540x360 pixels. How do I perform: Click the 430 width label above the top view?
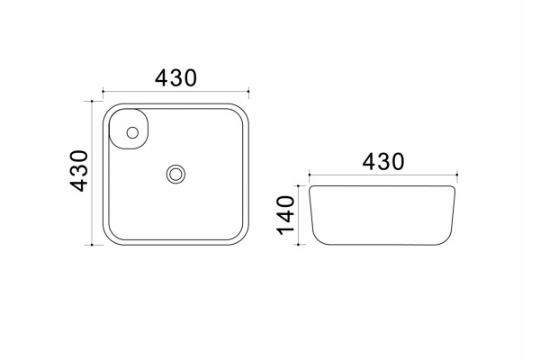(x=175, y=78)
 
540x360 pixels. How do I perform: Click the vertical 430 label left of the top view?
(x=79, y=170)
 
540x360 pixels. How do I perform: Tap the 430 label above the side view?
(x=383, y=162)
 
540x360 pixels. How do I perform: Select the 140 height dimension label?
(x=286, y=215)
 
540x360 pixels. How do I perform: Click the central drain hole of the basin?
(x=175, y=174)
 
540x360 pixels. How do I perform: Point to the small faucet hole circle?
(x=132, y=132)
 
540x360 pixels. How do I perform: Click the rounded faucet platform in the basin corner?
(x=129, y=129)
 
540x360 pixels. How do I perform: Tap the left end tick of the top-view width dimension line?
(x=103, y=91)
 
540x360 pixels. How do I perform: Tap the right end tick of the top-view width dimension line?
(x=248, y=91)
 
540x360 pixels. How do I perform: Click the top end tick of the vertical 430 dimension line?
(x=92, y=101)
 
